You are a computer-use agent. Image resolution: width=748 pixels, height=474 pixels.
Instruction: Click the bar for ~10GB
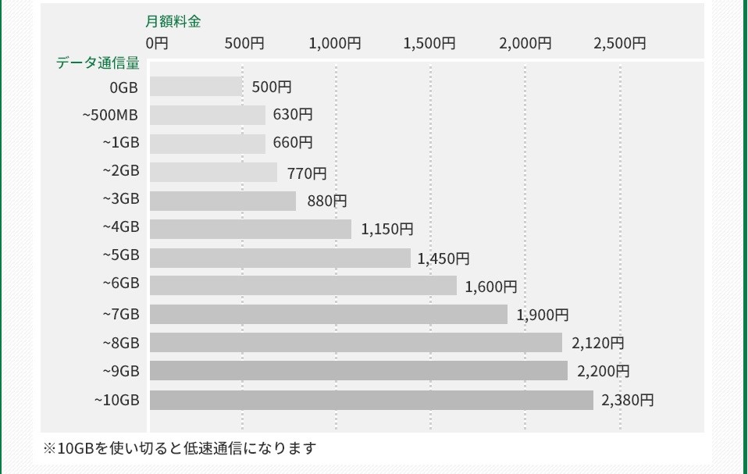371,400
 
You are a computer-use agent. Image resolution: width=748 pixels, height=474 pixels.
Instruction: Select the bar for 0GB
196,87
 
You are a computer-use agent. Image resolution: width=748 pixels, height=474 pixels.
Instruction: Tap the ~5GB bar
280,258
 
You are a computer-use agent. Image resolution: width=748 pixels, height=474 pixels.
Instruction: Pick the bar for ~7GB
328,315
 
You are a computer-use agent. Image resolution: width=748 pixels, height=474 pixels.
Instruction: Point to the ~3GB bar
223,201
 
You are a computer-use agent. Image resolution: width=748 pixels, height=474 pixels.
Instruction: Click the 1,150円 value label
387,230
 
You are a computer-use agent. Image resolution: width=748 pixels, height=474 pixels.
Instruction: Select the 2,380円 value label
628,401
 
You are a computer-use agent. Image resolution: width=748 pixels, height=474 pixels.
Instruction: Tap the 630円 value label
293,115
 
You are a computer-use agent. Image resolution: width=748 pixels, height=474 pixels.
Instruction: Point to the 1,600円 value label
491,287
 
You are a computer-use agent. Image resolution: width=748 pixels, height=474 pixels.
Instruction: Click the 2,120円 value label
598,343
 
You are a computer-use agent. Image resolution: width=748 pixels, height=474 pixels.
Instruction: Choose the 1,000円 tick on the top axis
335,44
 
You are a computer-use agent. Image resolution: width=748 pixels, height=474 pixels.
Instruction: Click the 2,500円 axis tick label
620,44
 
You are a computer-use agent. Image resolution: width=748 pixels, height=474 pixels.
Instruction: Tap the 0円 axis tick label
157,44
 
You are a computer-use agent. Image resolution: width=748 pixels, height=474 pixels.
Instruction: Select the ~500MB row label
110,116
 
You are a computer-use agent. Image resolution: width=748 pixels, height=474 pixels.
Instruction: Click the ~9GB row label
121,372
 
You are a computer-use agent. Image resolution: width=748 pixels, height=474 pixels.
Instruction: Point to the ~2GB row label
121,171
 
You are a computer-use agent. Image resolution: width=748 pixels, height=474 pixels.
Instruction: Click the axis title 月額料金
173,22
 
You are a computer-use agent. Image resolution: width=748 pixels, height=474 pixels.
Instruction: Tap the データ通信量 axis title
98,63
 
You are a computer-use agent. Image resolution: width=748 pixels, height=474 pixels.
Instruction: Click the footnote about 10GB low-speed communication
180,448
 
